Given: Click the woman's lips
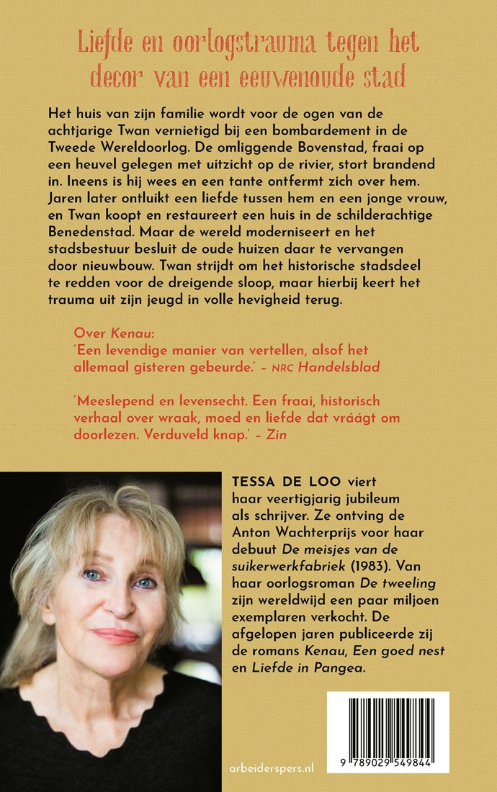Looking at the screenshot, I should coord(115,636).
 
